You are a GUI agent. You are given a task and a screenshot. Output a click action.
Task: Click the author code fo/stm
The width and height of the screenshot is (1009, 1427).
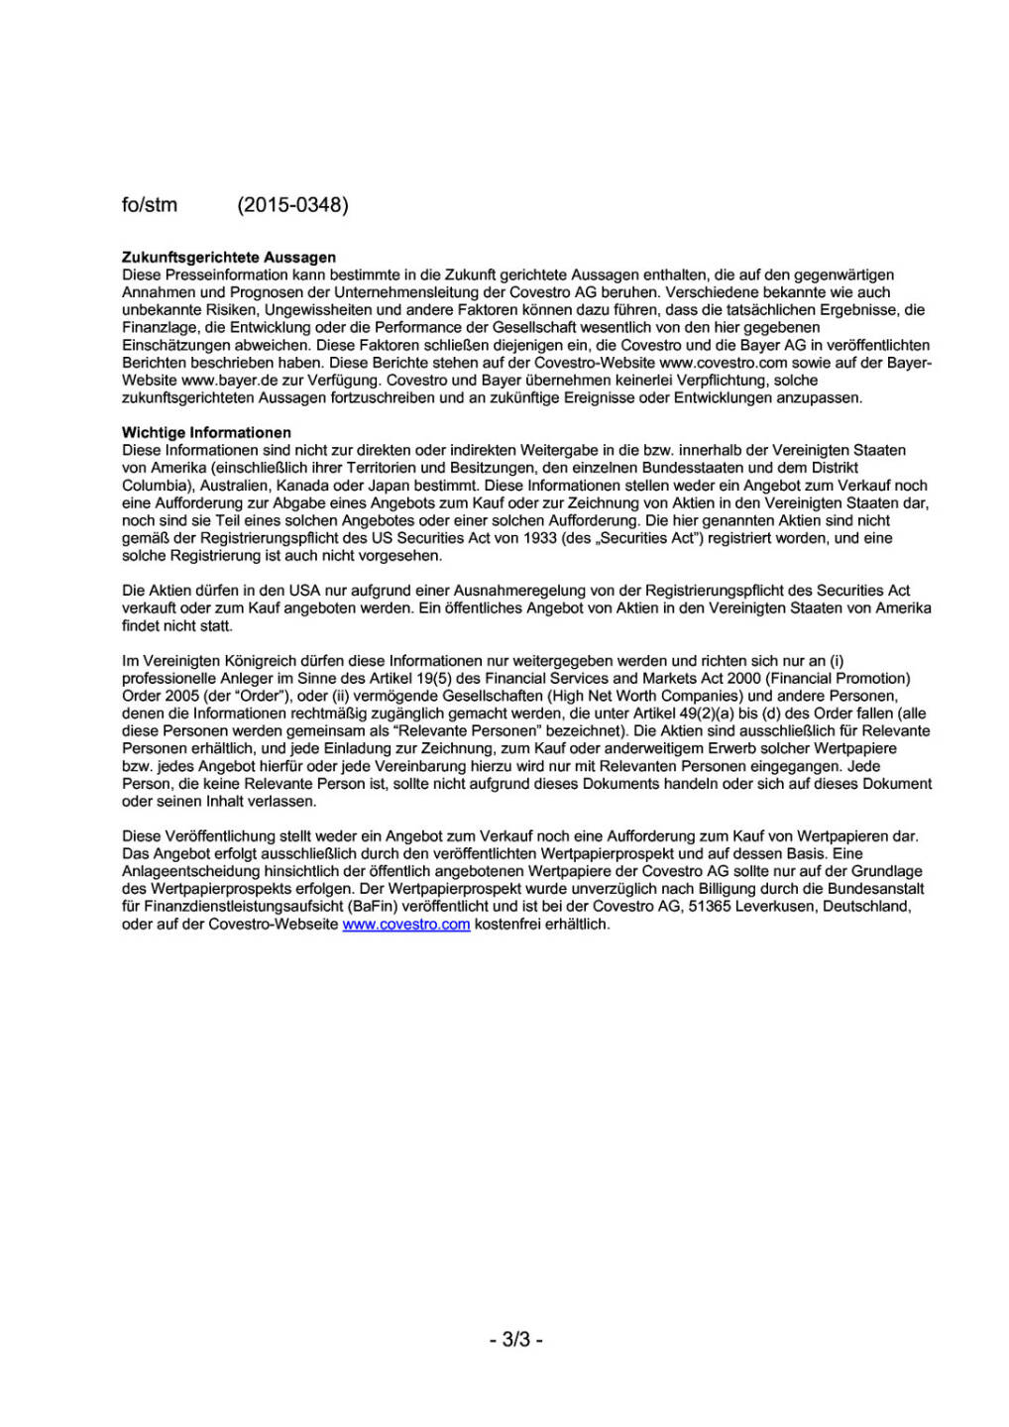149,205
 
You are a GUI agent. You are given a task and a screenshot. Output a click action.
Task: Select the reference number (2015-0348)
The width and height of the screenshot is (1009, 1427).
292,205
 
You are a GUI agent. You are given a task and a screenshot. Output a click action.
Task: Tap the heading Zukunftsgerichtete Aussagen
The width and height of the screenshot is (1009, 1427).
228,258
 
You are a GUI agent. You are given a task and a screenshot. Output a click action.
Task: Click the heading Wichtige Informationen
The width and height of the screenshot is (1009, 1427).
206,433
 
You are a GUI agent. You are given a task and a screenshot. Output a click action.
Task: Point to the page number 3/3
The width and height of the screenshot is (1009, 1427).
516,1340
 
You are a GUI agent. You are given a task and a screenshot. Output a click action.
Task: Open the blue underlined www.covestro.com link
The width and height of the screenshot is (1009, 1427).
406,925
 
